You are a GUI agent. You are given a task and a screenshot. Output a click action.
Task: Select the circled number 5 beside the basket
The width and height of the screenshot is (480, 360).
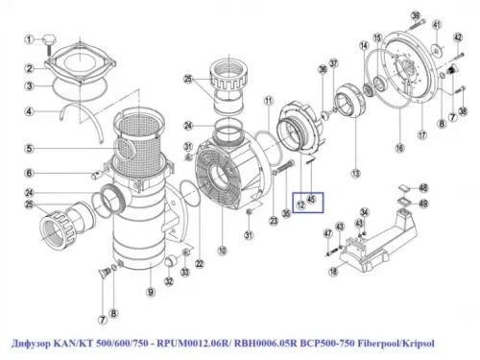click(31, 148)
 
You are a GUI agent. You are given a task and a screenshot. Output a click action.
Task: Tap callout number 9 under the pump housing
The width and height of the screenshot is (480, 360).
click(150, 292)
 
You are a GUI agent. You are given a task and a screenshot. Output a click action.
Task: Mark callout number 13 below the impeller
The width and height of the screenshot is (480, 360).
click(354, 174)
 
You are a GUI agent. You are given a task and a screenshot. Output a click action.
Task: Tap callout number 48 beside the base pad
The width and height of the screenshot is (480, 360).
click(424, 188)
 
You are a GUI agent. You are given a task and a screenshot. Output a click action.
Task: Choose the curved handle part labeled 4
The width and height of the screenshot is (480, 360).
click(77, 113)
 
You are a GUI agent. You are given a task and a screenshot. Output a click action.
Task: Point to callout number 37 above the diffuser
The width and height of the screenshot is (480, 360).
click(333, 63)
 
